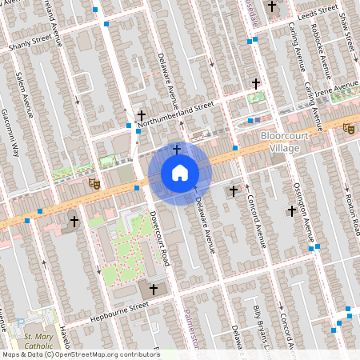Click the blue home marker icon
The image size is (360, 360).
click(x=179, y=172)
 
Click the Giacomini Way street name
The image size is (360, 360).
click(x=11, y=133)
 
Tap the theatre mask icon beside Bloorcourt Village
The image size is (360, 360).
click(x=348, y=128)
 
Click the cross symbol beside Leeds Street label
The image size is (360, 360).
click(x=272, y=7)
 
